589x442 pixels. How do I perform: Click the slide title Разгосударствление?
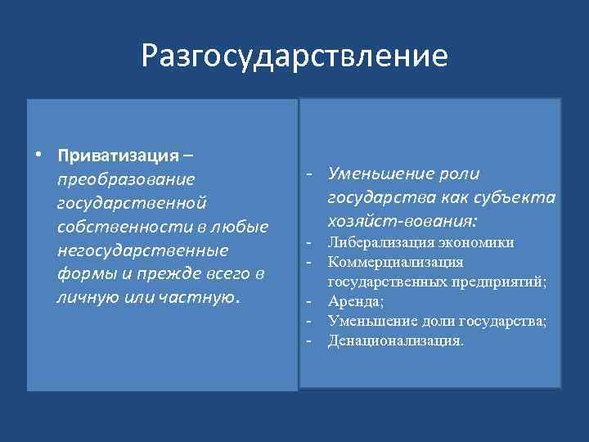tap(294, 56)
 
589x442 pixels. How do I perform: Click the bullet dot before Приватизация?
tap(38, 156)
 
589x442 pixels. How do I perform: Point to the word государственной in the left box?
tap(132, 202)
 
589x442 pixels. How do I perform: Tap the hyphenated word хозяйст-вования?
tap(402, 221)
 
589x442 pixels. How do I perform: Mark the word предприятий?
tap(497, 282)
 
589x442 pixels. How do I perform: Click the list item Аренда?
tap(355, 302)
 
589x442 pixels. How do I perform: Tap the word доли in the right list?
tap(433, 322)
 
